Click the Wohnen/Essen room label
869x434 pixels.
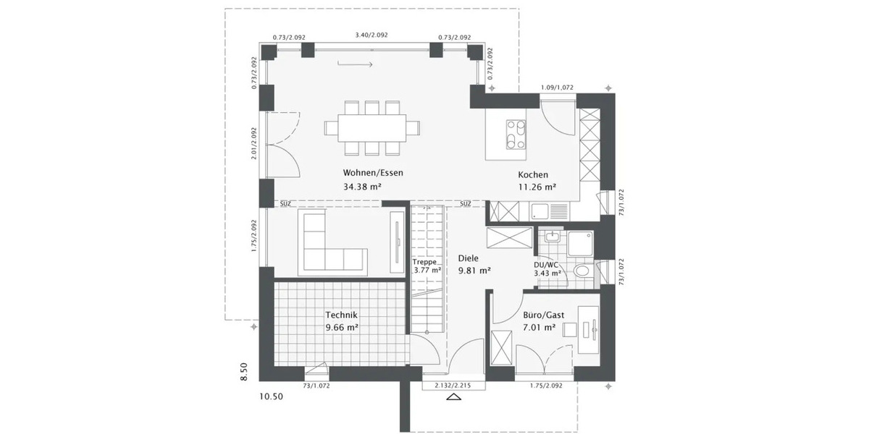tap(373, 173)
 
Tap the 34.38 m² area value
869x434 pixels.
tap(362, 187)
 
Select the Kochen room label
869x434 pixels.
tap(533, 174)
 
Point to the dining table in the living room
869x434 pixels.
tap(372, 128)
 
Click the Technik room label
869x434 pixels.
tap(342, 315)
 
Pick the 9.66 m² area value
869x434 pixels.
tap(342, 327)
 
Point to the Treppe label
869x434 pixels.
tap(424, 262)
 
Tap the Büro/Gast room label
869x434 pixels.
tap(543, 315)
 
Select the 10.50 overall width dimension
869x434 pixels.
tap(272, 396)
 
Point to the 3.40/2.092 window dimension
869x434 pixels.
tap(371, 35)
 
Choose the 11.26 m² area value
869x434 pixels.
tap(537, 187)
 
